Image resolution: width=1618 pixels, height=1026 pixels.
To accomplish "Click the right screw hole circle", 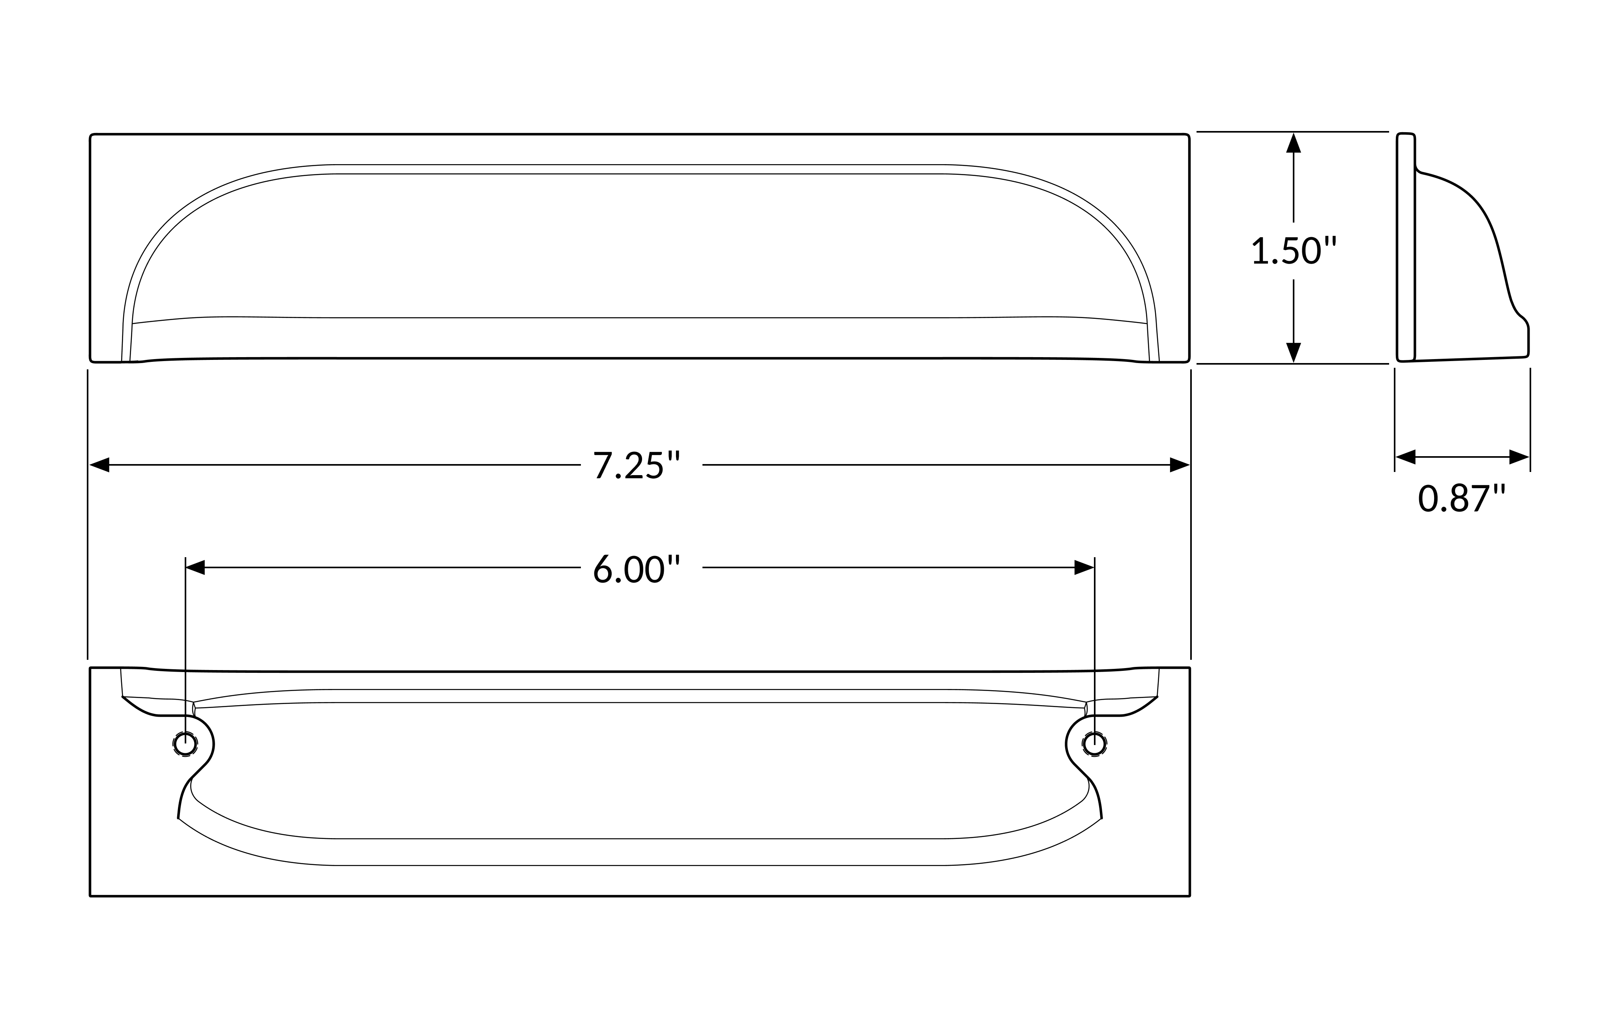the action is (x=1095, y=744).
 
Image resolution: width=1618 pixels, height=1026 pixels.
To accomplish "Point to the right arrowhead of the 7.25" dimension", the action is (x=1180, y=465).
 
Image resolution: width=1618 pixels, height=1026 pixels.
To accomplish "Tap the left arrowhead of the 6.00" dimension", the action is (x=195, y=568).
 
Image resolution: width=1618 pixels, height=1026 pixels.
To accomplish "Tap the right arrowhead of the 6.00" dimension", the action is (x=1084, y=568).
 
